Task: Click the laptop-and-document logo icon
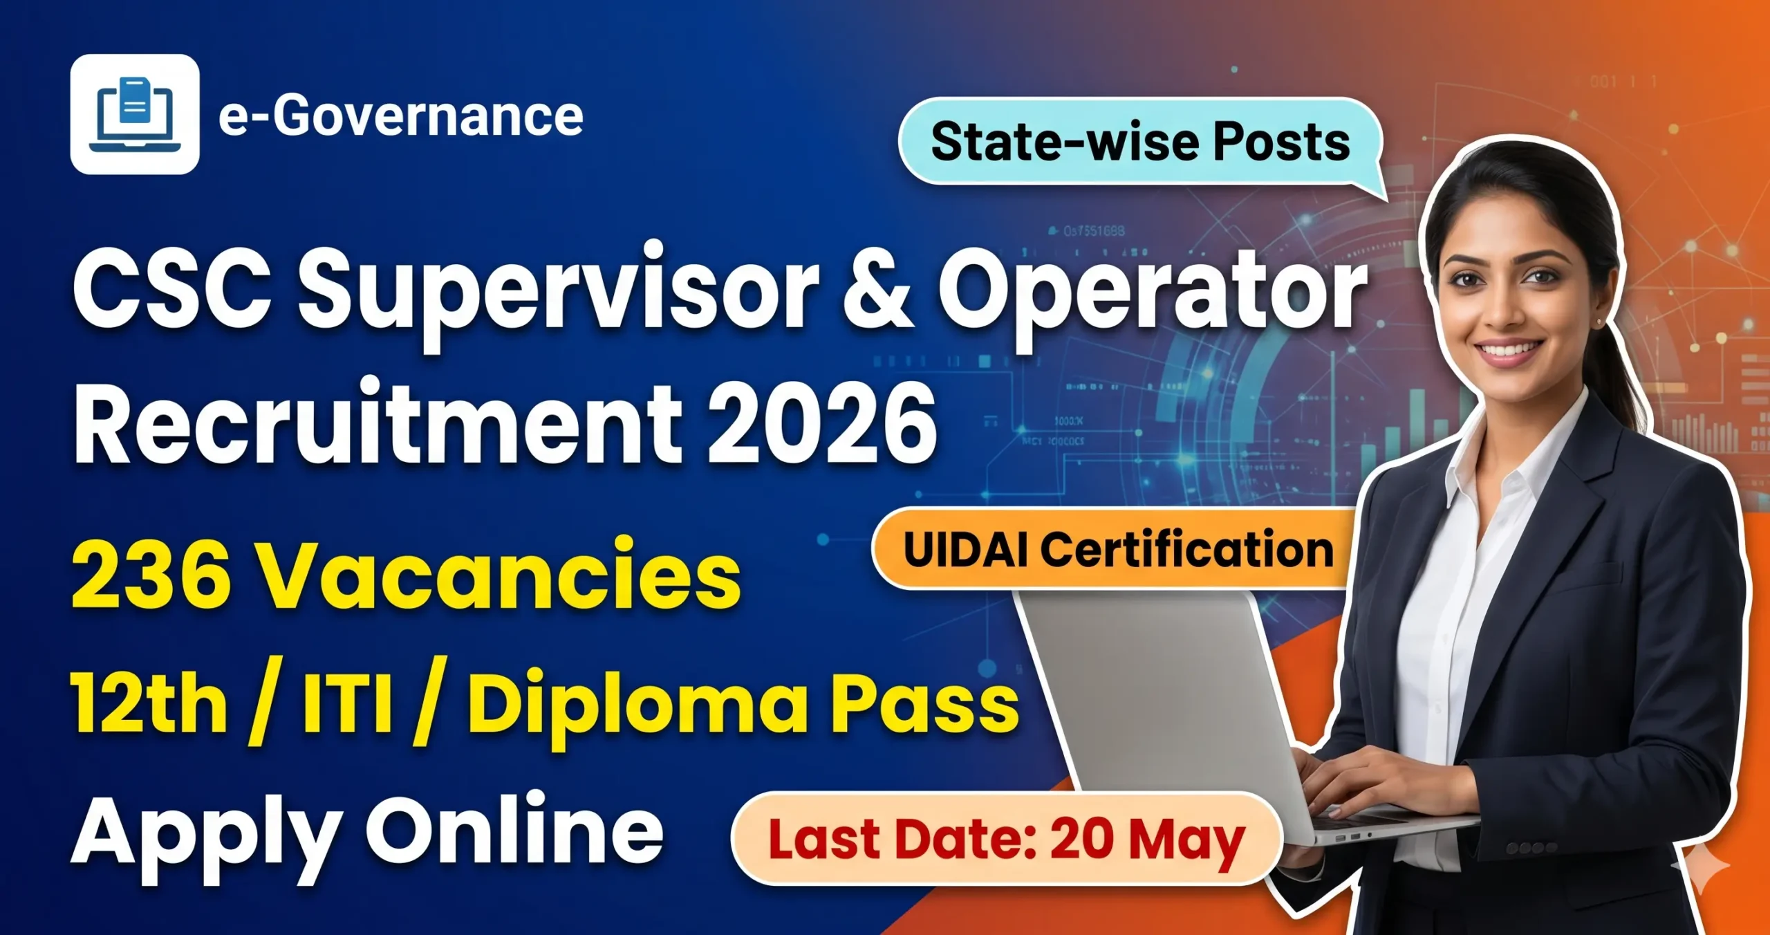135,115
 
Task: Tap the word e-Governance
401,116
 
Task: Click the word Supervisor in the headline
557,290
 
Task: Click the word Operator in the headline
1151,290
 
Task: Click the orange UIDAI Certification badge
1117,550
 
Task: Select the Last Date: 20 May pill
1006,839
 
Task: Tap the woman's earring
1599,323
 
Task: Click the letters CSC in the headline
173,290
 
